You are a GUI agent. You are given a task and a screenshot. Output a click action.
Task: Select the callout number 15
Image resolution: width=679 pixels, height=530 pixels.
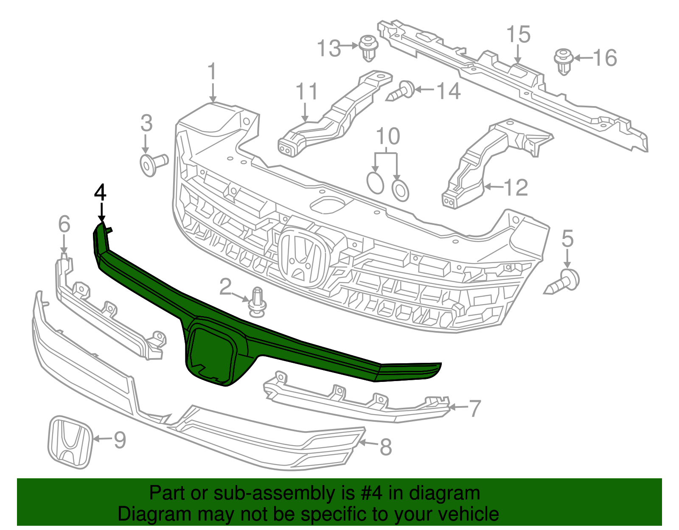click(519, 34)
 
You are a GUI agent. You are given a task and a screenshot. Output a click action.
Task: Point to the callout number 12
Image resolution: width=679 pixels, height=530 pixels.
click(516, 188)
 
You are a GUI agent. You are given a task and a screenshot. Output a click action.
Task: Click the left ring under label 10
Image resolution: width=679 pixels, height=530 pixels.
click(375, 183)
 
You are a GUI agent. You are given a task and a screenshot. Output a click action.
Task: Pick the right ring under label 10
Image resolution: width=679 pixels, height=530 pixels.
click(400, 190)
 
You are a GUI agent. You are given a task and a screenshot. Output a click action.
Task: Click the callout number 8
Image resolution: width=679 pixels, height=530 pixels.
click(385, 447)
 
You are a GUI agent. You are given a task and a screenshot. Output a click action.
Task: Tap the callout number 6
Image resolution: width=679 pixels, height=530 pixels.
click(64, 224)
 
